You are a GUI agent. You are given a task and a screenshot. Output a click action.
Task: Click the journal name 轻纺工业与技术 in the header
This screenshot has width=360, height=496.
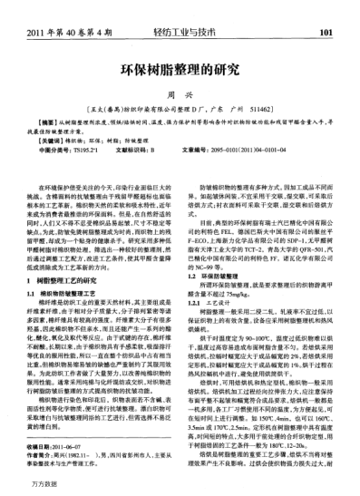click(x=180, y=10)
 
